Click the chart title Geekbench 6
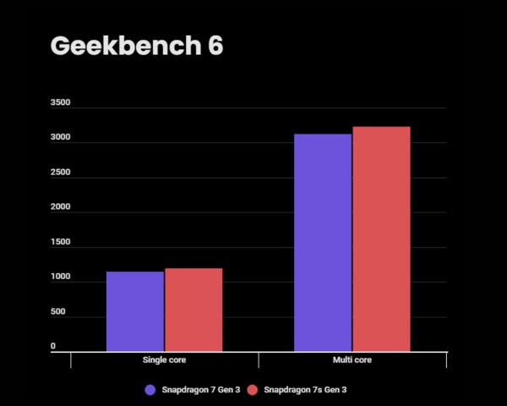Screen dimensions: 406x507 click(x=137, y=46)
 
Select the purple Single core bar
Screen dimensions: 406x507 click(x=135, y=311)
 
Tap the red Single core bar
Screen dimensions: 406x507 click(x=194, y=310)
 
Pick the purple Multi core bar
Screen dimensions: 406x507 click(x=323, y=242)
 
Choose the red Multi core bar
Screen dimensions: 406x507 click(x=381, y=239)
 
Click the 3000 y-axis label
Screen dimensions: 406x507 click(x=60, y=139)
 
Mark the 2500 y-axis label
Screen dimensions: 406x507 click(x=60, y=173)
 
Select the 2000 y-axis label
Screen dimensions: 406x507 click(x=60, y=208)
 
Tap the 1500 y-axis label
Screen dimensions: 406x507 click(x=60, y=243)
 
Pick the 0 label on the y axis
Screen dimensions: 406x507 click(x=52, y=347)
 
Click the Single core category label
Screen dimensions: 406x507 click(x=165, y=360)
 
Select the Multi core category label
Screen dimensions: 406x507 click(x=352, y=360)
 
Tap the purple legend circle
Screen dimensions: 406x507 click(x=150, y=390)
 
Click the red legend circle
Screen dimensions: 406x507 click(x=251, y=390)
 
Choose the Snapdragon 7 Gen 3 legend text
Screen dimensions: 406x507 click(x=199, y=390)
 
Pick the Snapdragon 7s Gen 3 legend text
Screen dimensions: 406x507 click(x=305, y=390)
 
